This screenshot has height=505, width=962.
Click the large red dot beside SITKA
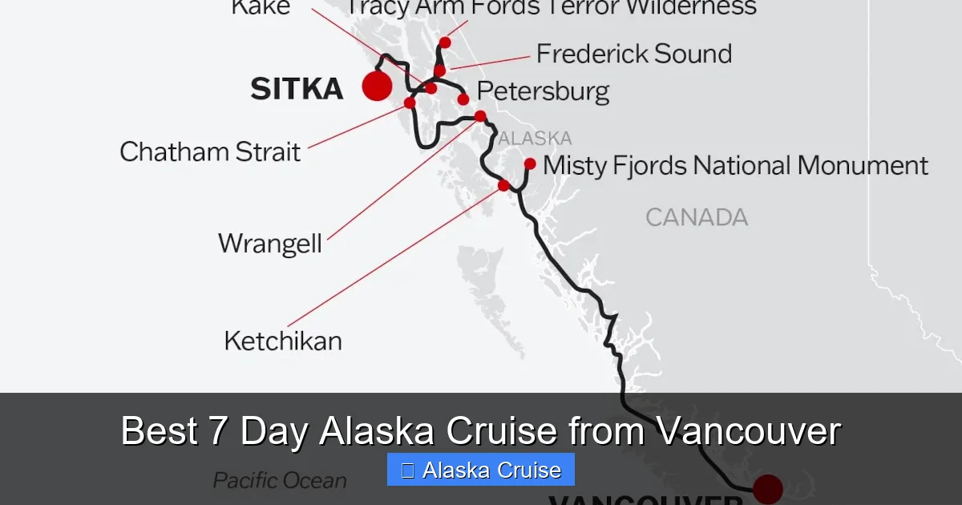pos(377,86)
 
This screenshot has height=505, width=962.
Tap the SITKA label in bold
pos(297,89)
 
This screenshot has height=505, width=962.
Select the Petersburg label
pos(543,91)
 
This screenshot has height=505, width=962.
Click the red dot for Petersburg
pos(463,99)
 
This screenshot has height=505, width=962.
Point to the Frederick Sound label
pos(633,54)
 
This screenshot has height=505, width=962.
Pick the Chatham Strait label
pos(210,151)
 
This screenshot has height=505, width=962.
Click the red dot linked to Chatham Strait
pos(410,103)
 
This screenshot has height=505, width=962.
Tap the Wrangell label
pos(270,243)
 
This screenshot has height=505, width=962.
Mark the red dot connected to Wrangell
pos(480,116)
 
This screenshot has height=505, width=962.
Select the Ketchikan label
pos(283,341)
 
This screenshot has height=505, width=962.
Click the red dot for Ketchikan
pos(503,186)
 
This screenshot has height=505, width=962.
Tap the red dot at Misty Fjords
pos(530,164)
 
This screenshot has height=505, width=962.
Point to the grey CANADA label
pos(697,217)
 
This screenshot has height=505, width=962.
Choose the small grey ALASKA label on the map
pos(536,138)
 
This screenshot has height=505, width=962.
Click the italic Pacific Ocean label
pos(280,481)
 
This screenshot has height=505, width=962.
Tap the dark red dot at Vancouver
pos(768,488)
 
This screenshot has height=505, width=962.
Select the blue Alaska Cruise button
pos(481,470)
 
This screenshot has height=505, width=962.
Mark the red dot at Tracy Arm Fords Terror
pos(445,42)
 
